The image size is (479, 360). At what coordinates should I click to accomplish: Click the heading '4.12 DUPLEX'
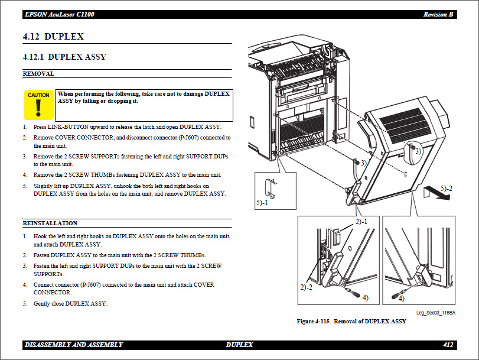(x=53, y=37)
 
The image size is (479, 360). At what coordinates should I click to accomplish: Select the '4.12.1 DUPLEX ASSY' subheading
(x=64, y=57)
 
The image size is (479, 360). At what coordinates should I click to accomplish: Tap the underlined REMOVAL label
(x=38, y=74)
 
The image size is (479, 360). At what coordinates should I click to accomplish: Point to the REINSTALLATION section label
(x=50, y=223)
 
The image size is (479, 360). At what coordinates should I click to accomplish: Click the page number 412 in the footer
(x=448, y=345)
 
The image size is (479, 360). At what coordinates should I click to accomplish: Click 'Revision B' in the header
(x=439, y=14)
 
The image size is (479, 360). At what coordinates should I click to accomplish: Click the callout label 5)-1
(x=262, y=202)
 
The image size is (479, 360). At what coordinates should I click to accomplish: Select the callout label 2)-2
(x=306, y=287)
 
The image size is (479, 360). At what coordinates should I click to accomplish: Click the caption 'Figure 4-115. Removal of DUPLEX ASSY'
(x=351, y=322)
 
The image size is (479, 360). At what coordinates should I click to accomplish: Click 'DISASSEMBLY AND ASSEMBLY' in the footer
(x=74, y=345)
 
